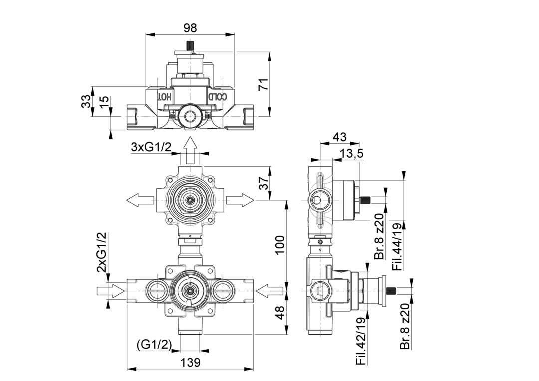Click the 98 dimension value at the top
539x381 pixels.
[x=190, y=28]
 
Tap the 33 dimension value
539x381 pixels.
[x=86, y=101]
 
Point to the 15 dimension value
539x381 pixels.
[x=103, y=101]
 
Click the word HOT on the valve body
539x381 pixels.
[x=165, y=96]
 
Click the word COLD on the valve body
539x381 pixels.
[x=218, y=96]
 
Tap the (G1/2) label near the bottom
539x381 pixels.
[x=154, y=344]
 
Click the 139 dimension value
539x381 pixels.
[x=190, y=362]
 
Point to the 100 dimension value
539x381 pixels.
[x=280, y=244]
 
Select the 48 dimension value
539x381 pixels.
[x=280, y=313]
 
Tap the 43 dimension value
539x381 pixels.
[x=339, y=136]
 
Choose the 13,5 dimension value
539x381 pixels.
[x=352, y=154]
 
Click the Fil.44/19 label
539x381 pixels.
[x=397, y=247]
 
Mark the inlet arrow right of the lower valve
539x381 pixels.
[x=269, y=290]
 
